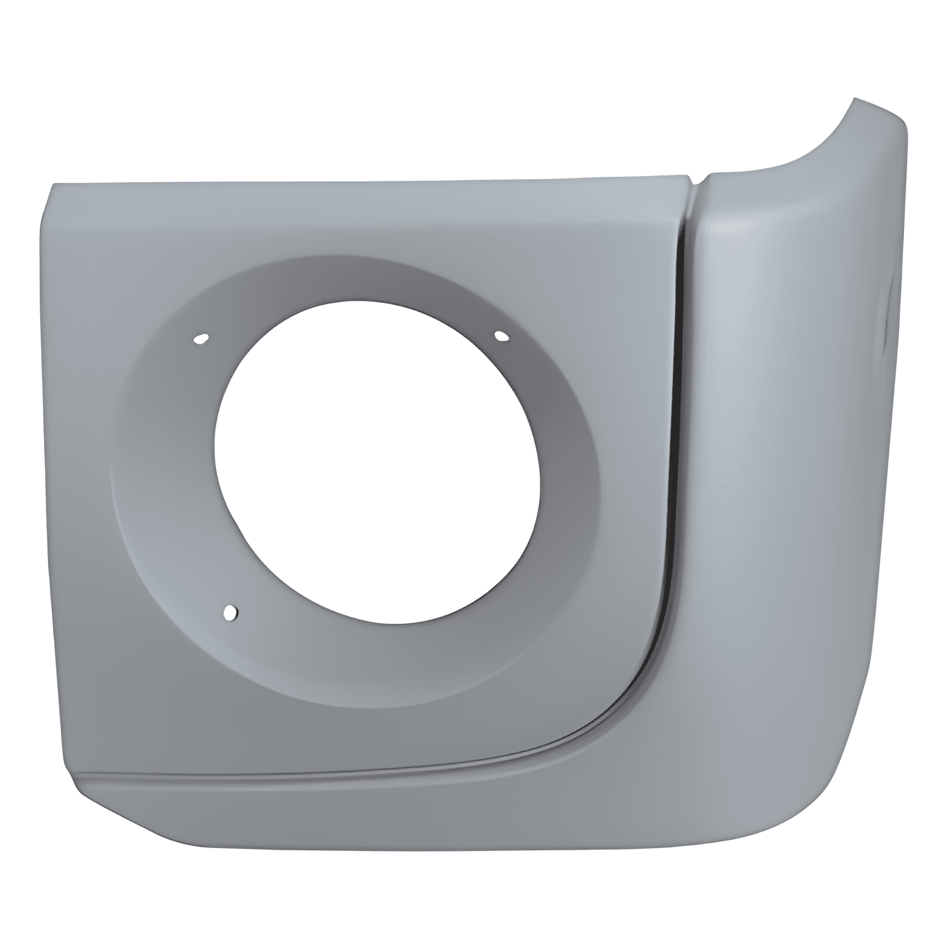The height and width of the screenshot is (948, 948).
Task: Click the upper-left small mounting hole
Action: point(201,339)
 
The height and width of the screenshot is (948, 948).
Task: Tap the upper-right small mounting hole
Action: point(501,337)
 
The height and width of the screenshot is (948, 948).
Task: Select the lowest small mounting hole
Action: point(230,612)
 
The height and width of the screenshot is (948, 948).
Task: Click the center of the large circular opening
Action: point(378,468)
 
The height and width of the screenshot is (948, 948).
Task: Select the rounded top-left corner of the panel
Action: point(56,192)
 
